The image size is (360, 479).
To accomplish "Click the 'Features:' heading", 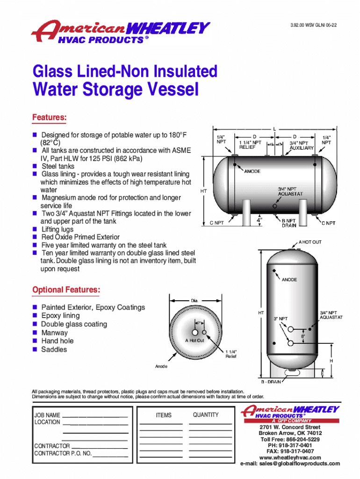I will (50, 117).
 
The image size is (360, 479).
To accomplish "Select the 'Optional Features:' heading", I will (66, 290).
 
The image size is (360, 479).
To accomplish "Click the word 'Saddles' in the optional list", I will (54, 349).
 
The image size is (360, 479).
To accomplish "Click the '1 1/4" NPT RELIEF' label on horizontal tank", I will (250, 145).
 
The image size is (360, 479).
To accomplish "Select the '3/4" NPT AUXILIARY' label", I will (301, 145).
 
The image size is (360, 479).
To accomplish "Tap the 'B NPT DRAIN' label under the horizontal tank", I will (288, 223).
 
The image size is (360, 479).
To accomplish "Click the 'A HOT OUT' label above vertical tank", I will (310, 242).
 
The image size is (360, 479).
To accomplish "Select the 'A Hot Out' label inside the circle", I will (194, 341).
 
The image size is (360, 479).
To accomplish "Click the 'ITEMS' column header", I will (164, 415).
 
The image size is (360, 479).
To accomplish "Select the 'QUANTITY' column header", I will (206, 415).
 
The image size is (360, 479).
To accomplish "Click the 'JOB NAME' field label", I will (47, 415).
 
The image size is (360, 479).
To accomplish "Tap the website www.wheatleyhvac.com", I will (290, 457).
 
